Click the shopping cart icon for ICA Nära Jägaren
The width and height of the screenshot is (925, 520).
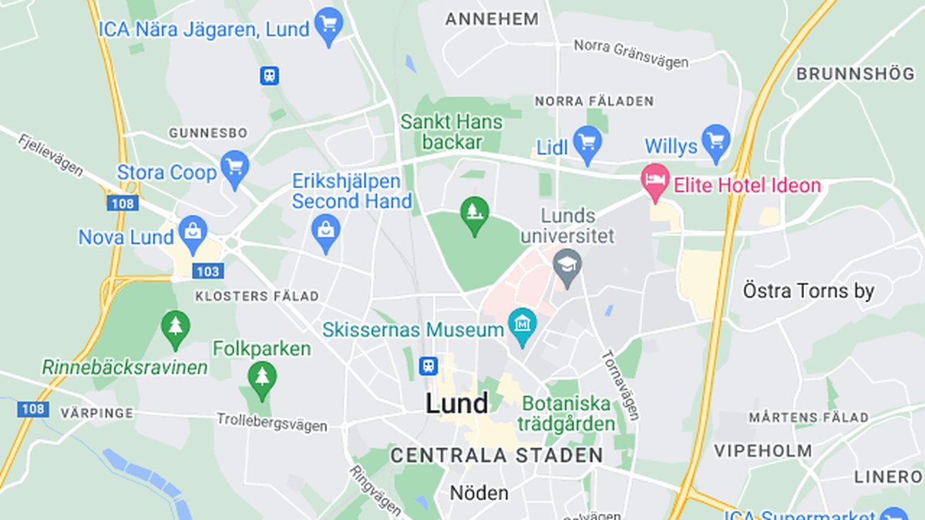click(329, 25)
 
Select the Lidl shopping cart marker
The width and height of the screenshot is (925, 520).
click(587, 143)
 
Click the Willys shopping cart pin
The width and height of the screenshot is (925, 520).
click(717, 142)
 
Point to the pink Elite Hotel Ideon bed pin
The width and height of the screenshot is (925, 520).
click(655, 181)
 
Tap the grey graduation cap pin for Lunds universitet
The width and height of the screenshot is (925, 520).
click(568, 267)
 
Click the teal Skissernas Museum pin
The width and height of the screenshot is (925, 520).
click(522, 326)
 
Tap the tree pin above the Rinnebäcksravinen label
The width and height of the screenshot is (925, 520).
click(176, 327)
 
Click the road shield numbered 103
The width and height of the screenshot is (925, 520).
click(208, 270)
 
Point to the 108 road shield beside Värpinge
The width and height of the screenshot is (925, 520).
click(33, 408)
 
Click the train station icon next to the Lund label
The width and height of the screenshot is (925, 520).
click(428, 366)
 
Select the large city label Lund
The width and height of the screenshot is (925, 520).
click(457, 403)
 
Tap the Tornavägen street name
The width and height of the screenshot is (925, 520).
click(620, 385)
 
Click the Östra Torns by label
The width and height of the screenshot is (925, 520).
click(809, 291)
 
